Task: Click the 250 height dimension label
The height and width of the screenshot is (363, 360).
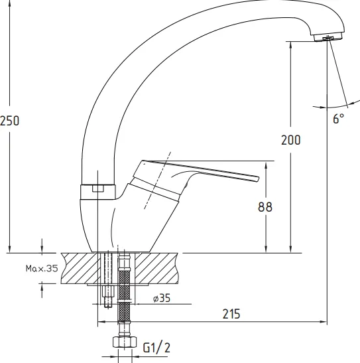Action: pyautogui.click(x=9, y=121)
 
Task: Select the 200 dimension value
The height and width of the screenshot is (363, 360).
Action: pyautogui.click(x=290, y=140)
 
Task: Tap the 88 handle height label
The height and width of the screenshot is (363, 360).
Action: pyautogui.click(x=265, y=207)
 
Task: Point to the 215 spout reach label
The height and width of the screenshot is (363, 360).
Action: pyautogui.click(x=231, y=314)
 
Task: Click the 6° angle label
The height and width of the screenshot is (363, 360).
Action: pyautogui.click(x=339, y=119)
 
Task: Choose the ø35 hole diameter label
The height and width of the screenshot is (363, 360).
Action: pyautogui.click(x=162, y=298)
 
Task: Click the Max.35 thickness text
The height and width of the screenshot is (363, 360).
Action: pyautogui.click(x=42, y=268)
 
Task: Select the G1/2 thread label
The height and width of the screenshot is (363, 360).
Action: pyautogui.click(x=156, y=348)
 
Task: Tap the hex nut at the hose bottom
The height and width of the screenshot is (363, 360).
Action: pyautogui.click(x=125, y=342)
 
